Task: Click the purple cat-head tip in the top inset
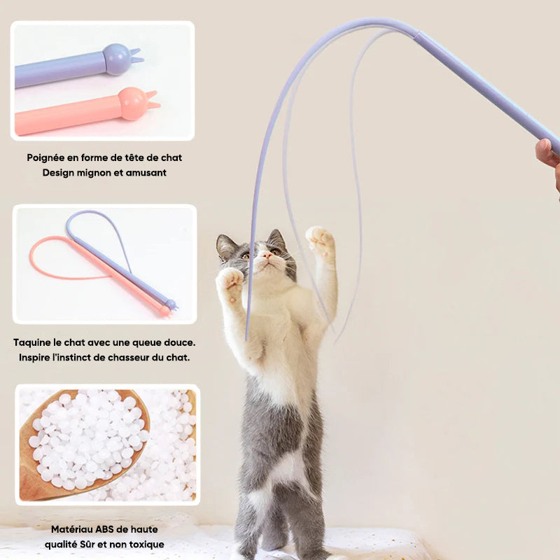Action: coord(118,59)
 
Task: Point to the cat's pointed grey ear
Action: coord(225,246)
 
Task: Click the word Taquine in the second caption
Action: coord(32,342)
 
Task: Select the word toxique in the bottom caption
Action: coord(146,544)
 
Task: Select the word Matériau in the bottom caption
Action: coord(69,529)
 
